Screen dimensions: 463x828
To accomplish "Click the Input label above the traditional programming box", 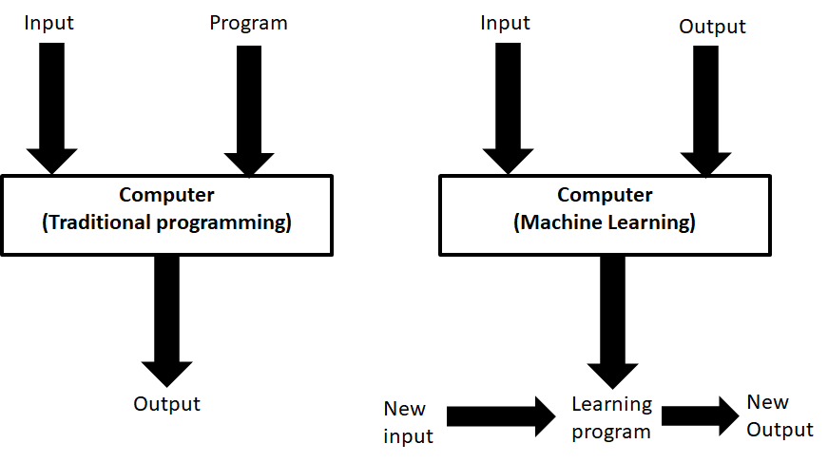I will tap(49, 23).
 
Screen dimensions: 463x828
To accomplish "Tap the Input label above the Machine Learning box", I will tap(505, 23).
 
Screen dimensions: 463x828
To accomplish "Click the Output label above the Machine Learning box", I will tap(712, 27).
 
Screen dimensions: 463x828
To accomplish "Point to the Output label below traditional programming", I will tap(166, 403).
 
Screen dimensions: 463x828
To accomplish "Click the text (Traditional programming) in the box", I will tap(166, 224).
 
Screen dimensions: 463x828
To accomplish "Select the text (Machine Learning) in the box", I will tap(605, 224).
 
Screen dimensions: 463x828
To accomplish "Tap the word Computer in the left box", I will tap(166, 195).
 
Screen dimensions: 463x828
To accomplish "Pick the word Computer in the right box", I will tap(605, 195).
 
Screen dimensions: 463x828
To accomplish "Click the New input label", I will tap(408, 422).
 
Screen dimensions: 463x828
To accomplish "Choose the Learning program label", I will tap(611, 417).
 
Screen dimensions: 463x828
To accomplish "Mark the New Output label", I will tap(780, 415).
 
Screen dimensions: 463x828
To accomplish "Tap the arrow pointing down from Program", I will tap(249, 109).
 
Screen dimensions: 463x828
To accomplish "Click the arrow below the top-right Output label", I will tap(705, 109).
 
